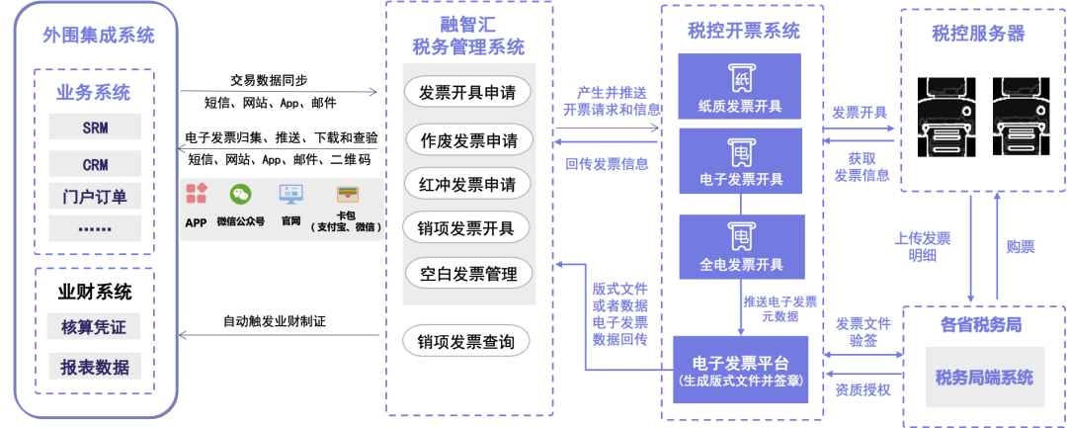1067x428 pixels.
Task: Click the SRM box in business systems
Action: pos(95,128)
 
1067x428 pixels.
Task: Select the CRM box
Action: pos(95,164)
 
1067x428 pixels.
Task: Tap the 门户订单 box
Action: pos(95,196)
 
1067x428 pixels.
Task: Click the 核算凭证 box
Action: pos(95,327)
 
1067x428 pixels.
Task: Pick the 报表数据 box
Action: pos(95,367)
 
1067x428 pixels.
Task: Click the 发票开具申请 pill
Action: pos(467,92)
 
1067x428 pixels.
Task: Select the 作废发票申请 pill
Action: pos(467,138)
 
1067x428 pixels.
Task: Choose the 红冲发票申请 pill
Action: pos(467,184)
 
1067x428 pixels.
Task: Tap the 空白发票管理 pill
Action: pos(467,274)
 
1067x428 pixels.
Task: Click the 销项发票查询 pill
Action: pos(467,342)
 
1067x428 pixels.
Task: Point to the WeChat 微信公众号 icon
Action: pos(241,195)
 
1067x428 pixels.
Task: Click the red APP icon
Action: pos(197,194)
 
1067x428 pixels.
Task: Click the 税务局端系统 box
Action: pos(984,377)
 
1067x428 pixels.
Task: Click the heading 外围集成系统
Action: pos(98,37)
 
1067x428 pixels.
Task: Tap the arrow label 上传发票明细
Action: pos(922,246)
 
